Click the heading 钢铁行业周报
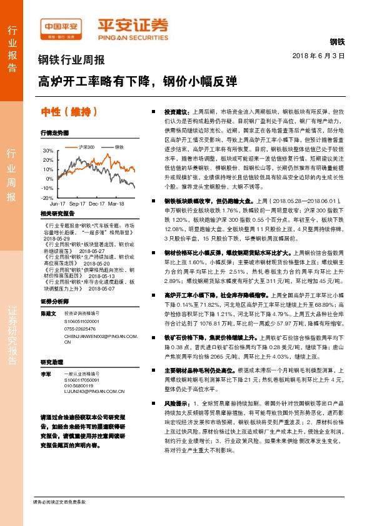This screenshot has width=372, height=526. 71,61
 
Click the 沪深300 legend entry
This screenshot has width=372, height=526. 85,147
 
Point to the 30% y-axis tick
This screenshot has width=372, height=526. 49,151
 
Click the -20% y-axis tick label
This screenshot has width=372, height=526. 48,197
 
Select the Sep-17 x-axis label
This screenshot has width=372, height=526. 78,204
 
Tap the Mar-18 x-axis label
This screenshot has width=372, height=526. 116,204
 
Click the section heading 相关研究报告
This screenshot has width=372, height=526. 58,214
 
